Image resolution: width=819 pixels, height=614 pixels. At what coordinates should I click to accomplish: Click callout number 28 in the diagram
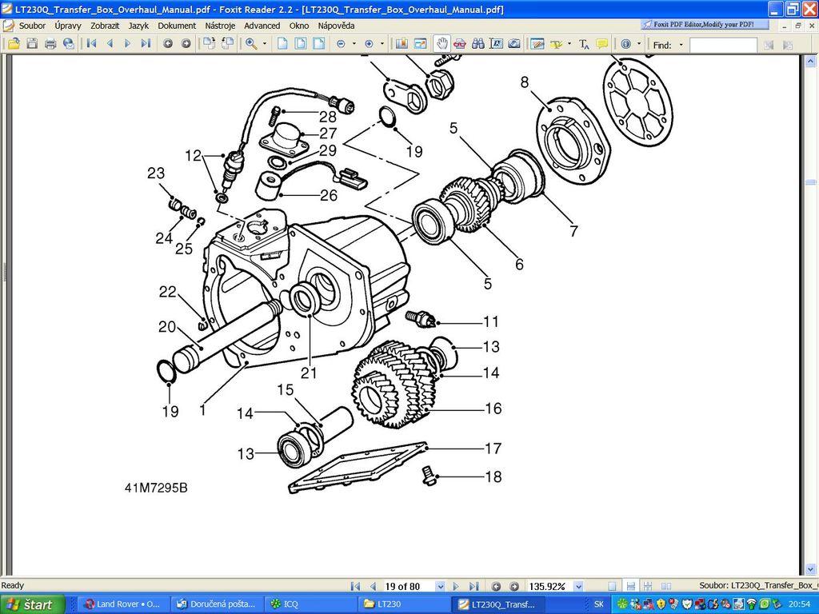point(328,117)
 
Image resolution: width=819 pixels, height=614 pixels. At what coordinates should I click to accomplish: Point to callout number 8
point(525,82)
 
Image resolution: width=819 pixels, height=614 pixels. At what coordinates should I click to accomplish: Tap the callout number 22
point(167,292)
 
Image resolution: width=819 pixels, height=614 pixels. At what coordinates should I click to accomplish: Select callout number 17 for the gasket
point(493,449)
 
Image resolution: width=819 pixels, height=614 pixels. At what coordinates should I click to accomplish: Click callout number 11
point(490,321)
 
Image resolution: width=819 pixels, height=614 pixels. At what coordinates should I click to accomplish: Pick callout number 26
point(329,194)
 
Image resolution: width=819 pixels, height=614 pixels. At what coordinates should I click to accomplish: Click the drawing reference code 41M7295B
point(156,488)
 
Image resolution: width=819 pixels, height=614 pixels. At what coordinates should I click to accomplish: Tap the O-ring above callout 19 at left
point(165,371)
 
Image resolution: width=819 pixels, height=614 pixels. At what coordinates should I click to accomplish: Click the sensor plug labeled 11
point(420,318)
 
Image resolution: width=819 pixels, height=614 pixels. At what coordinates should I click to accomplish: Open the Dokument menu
point(177,26)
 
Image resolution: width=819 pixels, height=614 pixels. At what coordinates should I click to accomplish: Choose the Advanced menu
point(262,26)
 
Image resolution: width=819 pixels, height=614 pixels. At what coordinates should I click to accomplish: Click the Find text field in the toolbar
point(722,45)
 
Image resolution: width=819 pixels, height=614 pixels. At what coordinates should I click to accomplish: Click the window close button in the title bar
point(809,10)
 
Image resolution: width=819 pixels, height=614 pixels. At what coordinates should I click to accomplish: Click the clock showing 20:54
point(800,604)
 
